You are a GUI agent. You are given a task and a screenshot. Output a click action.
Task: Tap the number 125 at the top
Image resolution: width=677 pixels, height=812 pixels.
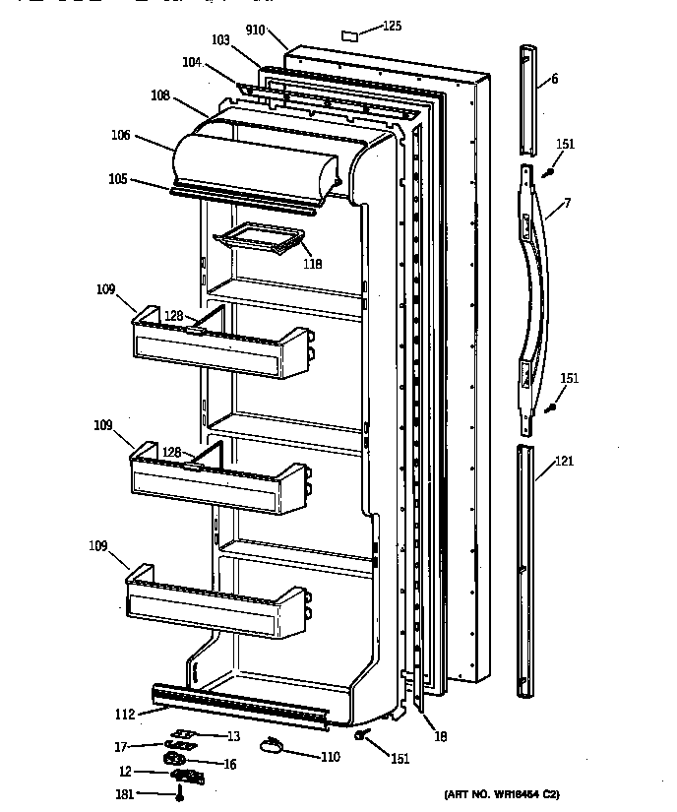392,25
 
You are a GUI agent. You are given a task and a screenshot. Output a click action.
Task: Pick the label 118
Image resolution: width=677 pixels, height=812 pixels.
312,263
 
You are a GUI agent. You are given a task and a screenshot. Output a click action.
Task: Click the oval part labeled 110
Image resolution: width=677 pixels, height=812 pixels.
271,750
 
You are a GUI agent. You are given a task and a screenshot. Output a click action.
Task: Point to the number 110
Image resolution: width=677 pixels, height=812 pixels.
330,757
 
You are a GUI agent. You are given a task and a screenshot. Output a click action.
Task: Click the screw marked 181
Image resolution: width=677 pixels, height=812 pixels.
180,794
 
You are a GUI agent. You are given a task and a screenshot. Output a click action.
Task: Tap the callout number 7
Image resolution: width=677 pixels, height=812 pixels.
567,206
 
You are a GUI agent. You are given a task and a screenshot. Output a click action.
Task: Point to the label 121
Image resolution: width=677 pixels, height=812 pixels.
564,461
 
